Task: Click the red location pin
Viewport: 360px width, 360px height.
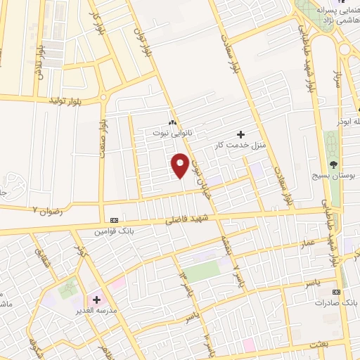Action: click(180, 164)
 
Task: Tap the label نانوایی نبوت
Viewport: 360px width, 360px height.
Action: click(173, 131)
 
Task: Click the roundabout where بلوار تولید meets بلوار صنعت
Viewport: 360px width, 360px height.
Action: click(104, 98)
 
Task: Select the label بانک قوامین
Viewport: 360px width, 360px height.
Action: click(115, 230)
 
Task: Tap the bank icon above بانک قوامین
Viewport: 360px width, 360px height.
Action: click(114, 219)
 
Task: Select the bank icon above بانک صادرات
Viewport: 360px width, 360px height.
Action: click(337, 291)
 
